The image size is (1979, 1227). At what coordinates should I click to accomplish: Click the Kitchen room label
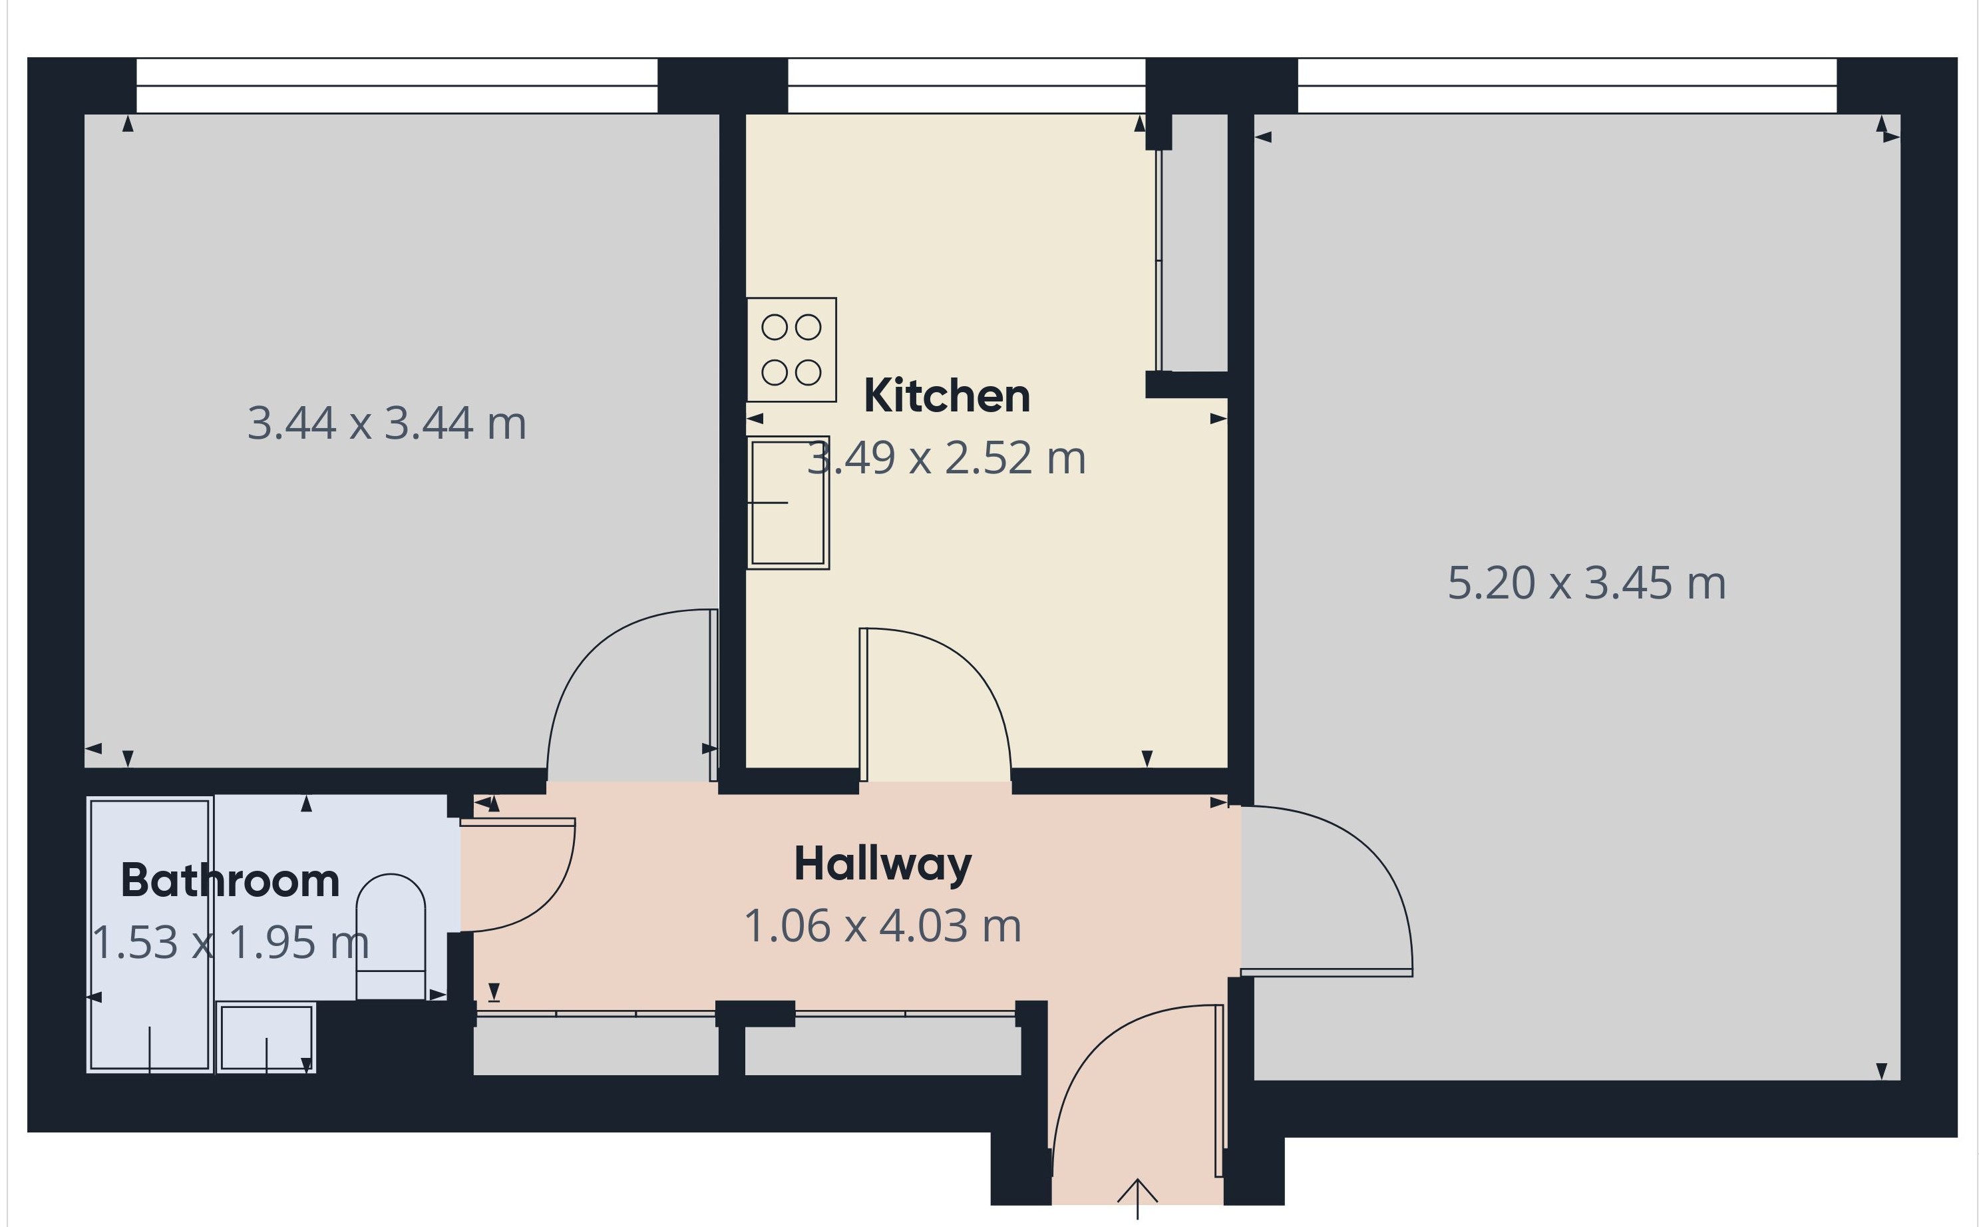click(946, 396)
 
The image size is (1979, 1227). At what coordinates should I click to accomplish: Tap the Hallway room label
click(882, 864)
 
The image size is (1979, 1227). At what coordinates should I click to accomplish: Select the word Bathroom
click(230, 881)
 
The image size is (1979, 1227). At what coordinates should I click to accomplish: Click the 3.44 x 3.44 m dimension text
click(387, 423)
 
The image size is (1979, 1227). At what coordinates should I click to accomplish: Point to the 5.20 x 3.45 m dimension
click(1586, 583)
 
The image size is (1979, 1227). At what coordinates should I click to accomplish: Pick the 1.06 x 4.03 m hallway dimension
click(882, 926)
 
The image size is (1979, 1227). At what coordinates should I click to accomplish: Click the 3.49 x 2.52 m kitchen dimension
click(946, 457)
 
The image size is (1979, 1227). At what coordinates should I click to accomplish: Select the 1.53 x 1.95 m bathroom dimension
click(230, 943)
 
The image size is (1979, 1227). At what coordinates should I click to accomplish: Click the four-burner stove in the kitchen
click(792, 350)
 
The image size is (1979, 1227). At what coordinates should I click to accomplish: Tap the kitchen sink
click(788, 503)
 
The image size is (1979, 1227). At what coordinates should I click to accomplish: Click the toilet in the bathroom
click(391, 937)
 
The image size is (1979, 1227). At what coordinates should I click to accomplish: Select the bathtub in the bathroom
click(150, 935)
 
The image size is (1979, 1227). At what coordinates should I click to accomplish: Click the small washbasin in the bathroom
click(266, 1038)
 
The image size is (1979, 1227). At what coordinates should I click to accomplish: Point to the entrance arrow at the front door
click(1137, 1198)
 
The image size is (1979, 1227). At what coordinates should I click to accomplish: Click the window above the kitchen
click(966, 85)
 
